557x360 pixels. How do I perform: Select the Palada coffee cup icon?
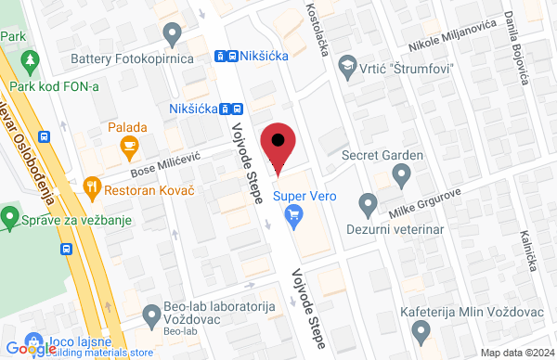128,147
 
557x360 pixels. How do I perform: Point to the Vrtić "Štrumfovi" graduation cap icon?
347,67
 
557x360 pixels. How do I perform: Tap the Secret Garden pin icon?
401,174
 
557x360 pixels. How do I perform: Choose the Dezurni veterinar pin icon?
369,202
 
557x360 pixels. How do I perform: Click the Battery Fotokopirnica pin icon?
171,34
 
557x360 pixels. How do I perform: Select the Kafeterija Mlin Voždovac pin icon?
422,330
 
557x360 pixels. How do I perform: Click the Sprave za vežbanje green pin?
10,219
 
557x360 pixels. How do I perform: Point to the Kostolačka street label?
317,28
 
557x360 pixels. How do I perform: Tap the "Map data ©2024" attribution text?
514,352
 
